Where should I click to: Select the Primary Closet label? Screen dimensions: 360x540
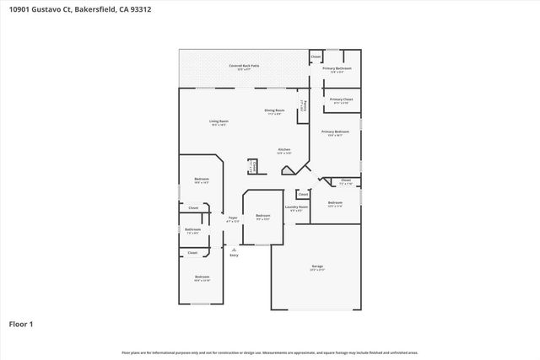click(x=342, y=99)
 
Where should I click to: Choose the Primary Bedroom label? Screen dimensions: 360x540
click(x=335, y=132)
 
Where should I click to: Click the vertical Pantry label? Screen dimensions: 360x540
click(x=303, y=105)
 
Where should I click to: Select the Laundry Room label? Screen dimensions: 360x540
click(x=296, y=207)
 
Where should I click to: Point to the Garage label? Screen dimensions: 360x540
click(x=316, y=266)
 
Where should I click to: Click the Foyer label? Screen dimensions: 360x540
click(x=233, y=218)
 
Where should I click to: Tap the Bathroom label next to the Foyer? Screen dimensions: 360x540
click(x=192, y=229)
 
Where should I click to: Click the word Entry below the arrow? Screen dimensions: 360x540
click(x=234, y=255)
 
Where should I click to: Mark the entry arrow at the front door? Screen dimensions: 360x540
click(x=234, y=248)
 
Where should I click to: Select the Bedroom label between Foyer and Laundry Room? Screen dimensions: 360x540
click(x=263, y=215)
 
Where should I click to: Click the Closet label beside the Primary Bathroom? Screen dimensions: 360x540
click(x=316, y=56)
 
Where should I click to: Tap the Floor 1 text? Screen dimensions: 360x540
click(x=21, y=322)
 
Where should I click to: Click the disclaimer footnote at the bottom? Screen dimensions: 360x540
click(x=269, y=352)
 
